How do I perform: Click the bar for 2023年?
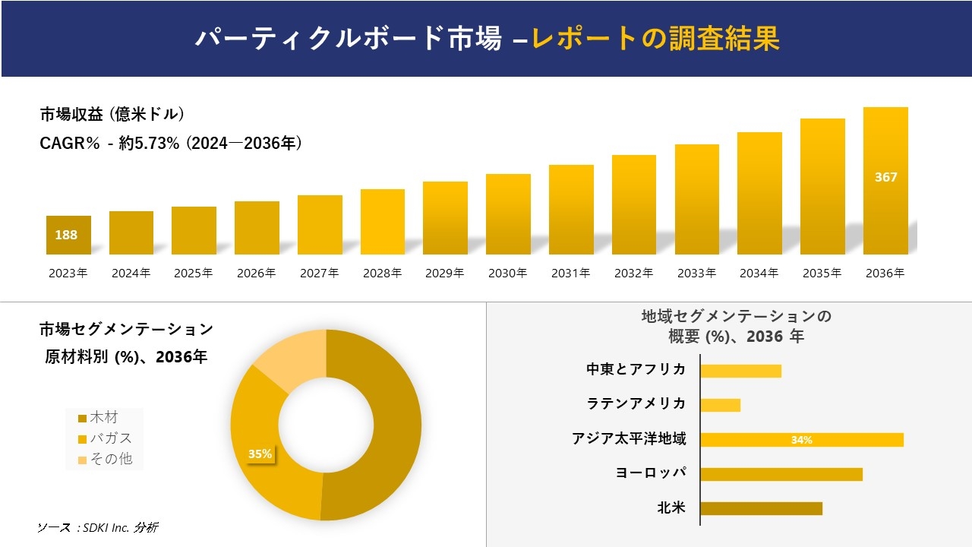[68, 236]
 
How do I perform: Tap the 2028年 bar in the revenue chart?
[383, 222]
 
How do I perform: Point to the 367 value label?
[885, 177]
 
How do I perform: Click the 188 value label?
[66, 235]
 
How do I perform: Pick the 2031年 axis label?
[570, 273]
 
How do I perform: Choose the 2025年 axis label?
[194, 273]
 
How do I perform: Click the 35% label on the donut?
[260, 454]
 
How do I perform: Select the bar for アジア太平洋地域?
[801, 440]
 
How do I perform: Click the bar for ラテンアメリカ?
[720, 405]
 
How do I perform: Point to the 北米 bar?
[761, 508]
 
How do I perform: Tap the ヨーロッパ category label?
[651, 473]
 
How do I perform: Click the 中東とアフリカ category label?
[636, 370]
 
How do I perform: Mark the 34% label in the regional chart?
[801, 440]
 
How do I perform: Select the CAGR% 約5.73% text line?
[171, 143]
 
